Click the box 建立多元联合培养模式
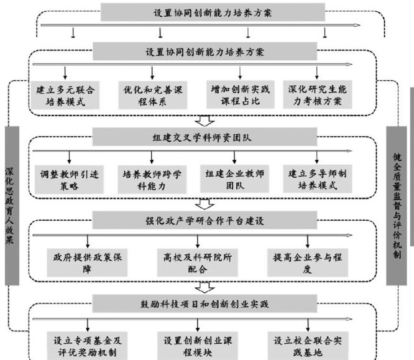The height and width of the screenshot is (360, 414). pos(66,96)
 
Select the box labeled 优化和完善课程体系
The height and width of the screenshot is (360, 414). pos(154,96)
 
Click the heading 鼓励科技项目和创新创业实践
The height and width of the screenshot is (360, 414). pos(205,303)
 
